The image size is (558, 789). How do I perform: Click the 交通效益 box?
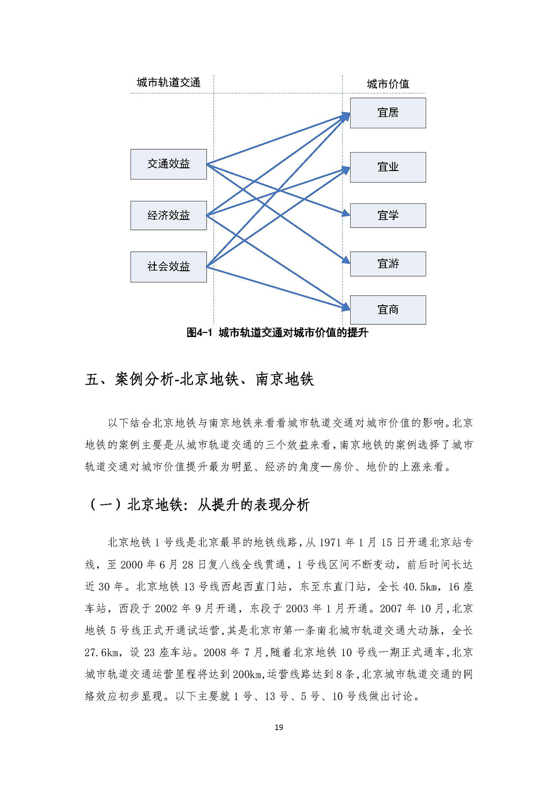[x=168, y=164]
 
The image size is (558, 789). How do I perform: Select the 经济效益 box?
[x=168, y=215]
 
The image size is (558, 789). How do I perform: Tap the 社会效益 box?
[x=168, y=267]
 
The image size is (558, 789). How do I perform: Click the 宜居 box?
[x=387, y=113]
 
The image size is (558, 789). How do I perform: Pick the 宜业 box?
[x=387, y=167]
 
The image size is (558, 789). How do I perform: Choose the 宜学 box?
[x=387, y=215]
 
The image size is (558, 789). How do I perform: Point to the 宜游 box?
[x=387, y=264]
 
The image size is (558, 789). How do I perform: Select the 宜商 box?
[x=387, y=310]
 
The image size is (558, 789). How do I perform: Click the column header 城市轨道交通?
[x=168, y=83]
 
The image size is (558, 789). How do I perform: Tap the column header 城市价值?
[x=387, y=84]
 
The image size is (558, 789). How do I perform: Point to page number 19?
[x=279, y=727]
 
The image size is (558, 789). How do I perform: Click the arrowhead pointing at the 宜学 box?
[x=346, y=213]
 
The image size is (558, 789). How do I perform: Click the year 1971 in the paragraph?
[x=330, y=543]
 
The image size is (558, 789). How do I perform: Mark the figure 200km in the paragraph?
[x=247, y=675]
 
